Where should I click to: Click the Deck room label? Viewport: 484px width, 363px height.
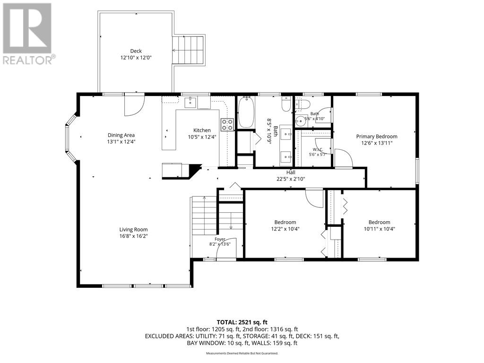[136, 51]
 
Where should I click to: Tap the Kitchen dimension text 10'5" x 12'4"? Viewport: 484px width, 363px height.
[202, 137]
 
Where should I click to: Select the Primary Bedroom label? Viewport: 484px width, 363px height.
[377, 137]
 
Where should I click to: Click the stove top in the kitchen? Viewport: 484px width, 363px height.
[227, 124]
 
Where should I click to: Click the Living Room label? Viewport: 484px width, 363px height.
[133, 229]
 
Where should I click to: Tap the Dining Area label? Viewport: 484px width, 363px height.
[121, 135]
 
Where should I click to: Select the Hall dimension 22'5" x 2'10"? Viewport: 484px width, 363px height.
[291, 179]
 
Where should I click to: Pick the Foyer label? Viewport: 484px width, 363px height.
[220, 239]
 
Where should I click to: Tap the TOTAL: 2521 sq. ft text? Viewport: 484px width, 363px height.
[242, 322]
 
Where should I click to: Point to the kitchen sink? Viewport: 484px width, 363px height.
[190, 102]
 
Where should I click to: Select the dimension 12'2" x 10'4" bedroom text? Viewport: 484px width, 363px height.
[285, 229]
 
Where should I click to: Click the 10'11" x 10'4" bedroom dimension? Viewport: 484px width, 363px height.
[380, 229]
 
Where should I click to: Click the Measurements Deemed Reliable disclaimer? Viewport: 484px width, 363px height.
[242, 353]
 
